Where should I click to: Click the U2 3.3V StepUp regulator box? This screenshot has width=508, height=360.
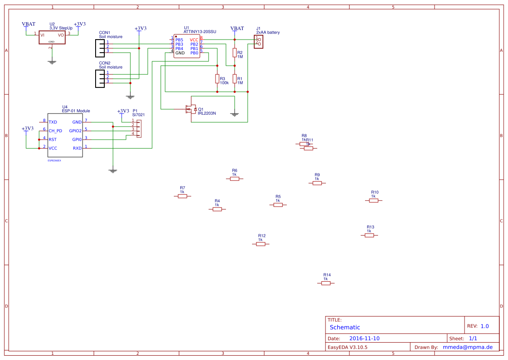(x=52, y=37)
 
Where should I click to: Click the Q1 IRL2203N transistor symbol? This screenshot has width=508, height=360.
(x=190, y=109)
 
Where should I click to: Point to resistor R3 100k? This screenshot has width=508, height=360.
(x=217, y=79)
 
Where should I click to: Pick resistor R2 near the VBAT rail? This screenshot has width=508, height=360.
(x=235, y=53)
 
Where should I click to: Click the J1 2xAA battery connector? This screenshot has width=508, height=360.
(x=259, y=42)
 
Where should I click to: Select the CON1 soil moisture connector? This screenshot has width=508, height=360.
(x=100, y=48)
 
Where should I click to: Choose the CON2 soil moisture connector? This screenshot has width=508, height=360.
(x=100, y=78)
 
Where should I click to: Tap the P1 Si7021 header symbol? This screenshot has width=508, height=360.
(x=139, y=129)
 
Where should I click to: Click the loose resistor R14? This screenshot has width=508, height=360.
(x=326, y=283)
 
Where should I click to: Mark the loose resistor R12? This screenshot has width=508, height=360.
(x=260, y=244)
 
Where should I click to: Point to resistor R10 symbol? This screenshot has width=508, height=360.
(x=373, y=200)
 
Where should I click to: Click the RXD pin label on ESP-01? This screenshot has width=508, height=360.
(x=77, y=148)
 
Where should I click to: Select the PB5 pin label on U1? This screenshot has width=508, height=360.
(x=179, y=40)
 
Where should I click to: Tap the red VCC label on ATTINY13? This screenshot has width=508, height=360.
(x=194, y=40)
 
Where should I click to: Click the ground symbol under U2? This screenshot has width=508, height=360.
(x=52, y=62)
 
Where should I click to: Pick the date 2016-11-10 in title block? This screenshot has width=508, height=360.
(x=364, y=338)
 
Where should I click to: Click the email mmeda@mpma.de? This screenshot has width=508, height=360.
(x=467, y=347)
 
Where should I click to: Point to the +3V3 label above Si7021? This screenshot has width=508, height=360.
(x=123, y=111)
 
